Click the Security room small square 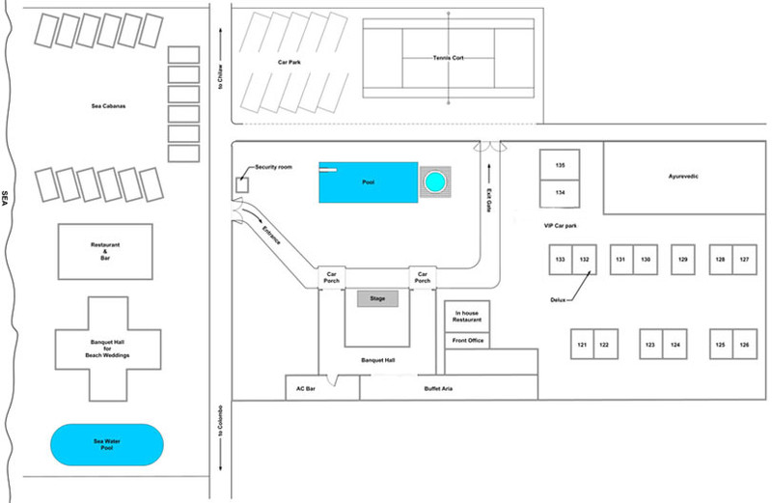[x=244, y=183]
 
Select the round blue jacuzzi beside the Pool [x=436, y=182]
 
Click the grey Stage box [x=377, y=299]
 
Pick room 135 [x=559, y=165]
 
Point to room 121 [x=582, y=345]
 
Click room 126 [x=744, y=345]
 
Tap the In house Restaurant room [x=468, y=316]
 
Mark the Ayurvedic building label [x=681, y=178]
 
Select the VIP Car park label [x=560, y=225]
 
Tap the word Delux [x=560, y=299]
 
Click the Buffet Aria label [x=438, y=388]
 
